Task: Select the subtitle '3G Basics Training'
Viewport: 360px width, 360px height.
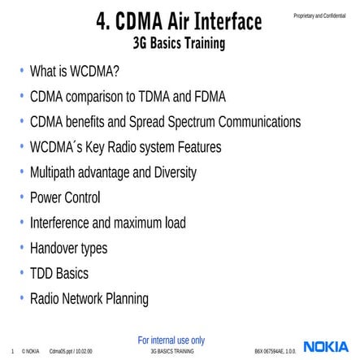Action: click(x=180, y=43)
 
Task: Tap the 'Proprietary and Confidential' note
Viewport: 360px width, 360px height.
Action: click(x=319, y=15)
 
